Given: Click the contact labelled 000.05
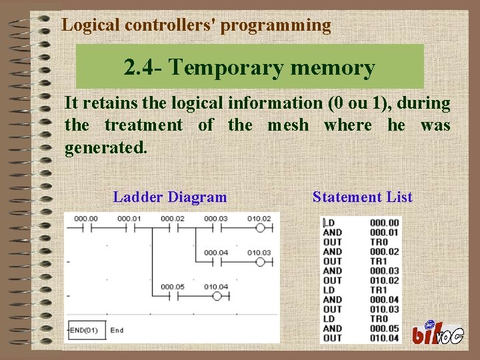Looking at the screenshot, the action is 171,296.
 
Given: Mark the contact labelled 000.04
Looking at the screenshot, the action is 215,261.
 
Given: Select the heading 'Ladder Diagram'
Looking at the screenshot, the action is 170,197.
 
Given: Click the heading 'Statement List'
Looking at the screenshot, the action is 362,197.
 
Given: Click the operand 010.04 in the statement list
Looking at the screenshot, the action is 384,337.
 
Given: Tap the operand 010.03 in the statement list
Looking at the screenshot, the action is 384,309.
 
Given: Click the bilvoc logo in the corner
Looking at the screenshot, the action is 437,332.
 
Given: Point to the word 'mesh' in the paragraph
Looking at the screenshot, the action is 288,125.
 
